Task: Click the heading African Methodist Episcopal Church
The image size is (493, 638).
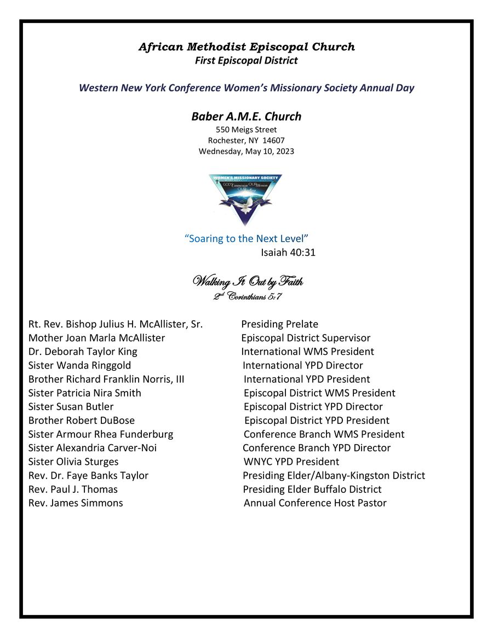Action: coord(246,47)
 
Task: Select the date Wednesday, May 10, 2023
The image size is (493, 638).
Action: coord(246,151)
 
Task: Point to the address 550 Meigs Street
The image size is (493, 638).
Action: coord(246,130)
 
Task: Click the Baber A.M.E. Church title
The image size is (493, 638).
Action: coord(246,117)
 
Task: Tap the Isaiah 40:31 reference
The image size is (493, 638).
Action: coord(288,252)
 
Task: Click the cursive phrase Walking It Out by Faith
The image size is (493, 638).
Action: coord(248,283)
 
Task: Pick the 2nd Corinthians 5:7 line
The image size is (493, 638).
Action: coord(248,297)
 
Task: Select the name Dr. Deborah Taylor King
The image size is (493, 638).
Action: coord(83,352)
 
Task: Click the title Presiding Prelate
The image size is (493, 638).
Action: coord(279,324)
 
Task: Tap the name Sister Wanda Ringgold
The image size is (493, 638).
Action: coord(79,365)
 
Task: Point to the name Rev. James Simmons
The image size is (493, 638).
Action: coord(76,503)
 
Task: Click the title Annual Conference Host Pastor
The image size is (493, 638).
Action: coord(315,503)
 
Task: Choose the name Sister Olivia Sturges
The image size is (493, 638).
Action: coord(73,462)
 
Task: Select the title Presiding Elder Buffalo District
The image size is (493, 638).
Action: coord(312,489)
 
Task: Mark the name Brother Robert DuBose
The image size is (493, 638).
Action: coord(82,421)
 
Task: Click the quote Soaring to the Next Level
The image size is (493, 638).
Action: coord(247,239)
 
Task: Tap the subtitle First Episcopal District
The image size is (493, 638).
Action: coord(246,61)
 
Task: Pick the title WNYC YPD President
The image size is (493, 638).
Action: coord(291,462)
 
